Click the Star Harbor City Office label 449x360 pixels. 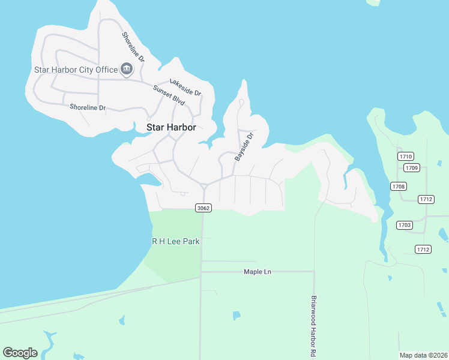76,70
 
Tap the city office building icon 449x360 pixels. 127,70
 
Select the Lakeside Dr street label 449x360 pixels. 185,88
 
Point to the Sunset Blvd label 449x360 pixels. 168,94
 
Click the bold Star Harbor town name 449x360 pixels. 172,127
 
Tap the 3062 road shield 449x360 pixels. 202,208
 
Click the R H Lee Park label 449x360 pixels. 175,241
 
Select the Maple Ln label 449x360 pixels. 258,272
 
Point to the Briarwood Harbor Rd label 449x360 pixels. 313,327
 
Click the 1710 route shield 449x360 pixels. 405,157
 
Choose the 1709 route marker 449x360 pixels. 411,167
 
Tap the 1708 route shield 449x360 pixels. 399,187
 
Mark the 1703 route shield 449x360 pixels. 404,225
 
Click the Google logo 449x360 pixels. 20,353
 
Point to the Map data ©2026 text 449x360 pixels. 423,355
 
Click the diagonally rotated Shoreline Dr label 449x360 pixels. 133,47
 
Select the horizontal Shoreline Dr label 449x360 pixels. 88,107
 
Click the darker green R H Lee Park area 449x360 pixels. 174,258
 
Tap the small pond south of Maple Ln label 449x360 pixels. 237,315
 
